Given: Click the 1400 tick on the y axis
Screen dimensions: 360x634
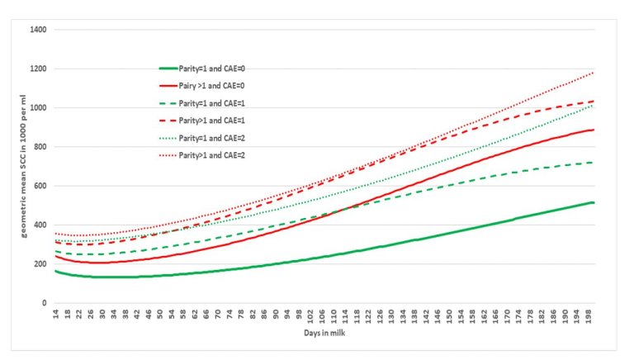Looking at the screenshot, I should (37, 30).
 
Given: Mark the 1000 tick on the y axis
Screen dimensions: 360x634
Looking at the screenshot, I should (37, 108).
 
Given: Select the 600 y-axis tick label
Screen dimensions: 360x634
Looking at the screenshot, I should (40, 186).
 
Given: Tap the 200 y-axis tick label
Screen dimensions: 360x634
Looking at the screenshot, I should (40, 264).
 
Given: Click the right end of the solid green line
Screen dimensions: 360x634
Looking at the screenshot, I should (594, 202).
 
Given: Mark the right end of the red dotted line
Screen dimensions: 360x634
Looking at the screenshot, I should (594, 73).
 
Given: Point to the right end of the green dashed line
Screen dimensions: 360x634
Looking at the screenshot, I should (594, 163).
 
